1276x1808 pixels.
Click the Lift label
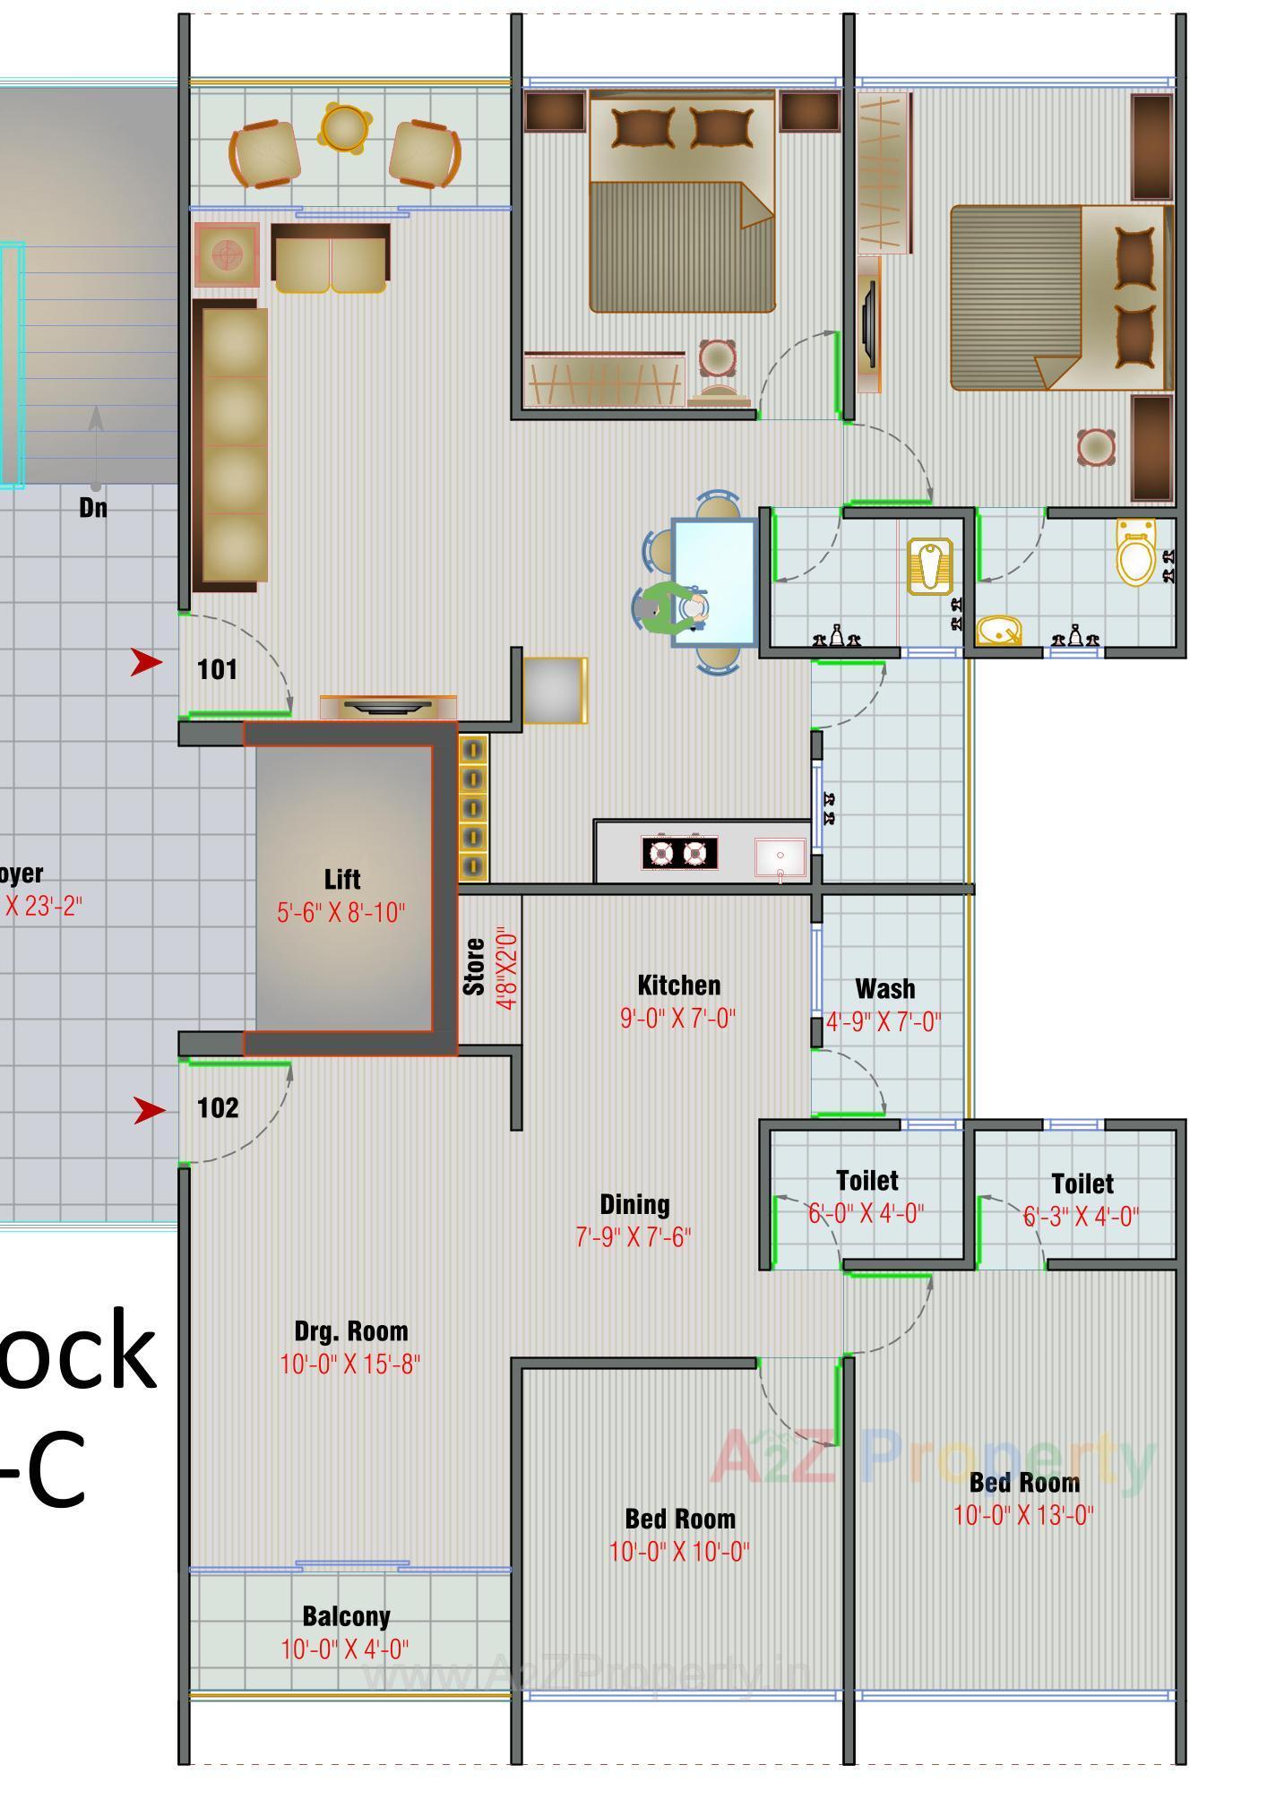tap(342, 879)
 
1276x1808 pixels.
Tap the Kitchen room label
tap(678, 986)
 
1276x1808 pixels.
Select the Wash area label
tap(885, 989)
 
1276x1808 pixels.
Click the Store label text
tap(474, 967)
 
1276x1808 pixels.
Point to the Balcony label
tap(346, 1617)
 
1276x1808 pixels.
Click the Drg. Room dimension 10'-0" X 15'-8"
tap(349, 1365)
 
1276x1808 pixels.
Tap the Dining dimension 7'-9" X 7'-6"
tap(633, 1237)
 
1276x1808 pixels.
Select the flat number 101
tap(218, 670)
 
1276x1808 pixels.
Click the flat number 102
tap(218, 1108)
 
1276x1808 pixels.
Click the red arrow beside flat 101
tap(146, 662)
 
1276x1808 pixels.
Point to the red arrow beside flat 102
tap(149, 1110)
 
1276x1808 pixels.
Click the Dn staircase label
tap(93, 508)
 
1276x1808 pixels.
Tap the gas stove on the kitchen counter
tap(678, 852)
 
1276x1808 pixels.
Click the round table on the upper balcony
tap(344, 127)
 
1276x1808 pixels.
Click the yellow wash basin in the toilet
tap(998, 632)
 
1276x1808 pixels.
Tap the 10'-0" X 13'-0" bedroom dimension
tap(1022, 1515)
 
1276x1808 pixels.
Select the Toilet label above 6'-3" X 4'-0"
tap(1082, 1184)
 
